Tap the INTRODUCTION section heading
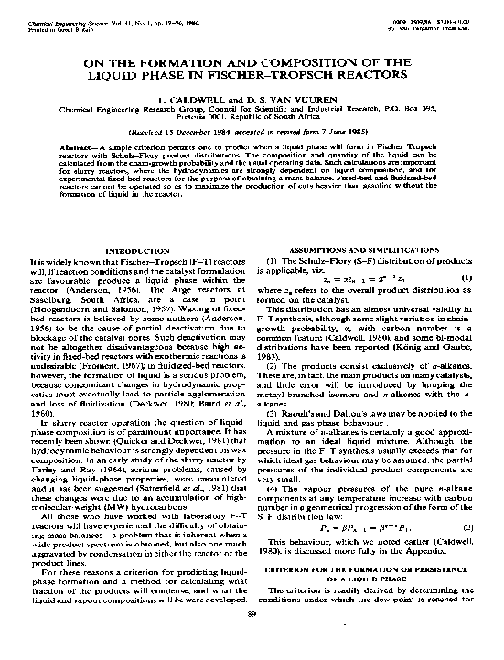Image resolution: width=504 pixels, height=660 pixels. point(134,250)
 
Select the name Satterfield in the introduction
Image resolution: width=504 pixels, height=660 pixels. point(156,513)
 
